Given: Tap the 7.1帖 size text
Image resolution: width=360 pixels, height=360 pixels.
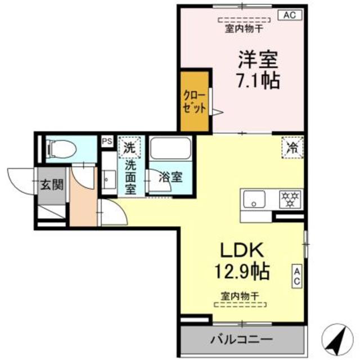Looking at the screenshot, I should click(258, 81).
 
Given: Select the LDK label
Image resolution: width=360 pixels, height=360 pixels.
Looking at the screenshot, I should click(241, 249).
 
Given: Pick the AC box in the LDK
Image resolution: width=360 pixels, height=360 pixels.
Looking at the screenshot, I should click(297, 275).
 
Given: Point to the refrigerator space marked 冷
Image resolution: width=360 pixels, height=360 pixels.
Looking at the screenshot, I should click(292, 147).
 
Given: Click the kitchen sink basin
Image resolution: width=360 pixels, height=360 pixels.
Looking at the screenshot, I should click(254, 199).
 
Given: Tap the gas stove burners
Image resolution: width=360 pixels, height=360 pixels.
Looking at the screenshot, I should click(290, 199).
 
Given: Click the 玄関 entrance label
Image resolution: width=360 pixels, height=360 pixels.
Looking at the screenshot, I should click(51, 184).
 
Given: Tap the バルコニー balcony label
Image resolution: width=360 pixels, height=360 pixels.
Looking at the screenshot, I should click(242, 340).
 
